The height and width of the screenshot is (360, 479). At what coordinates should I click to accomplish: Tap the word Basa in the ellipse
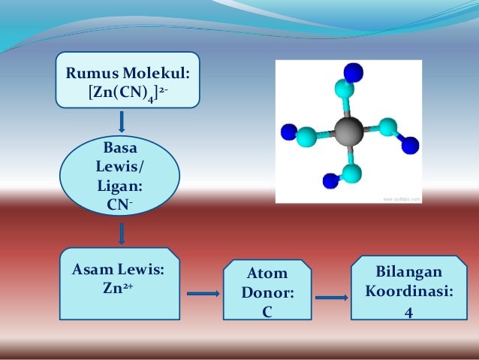pyautogui.click(x=120, y=145)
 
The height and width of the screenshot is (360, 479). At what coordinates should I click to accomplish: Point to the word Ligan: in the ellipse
pyautogui.click(x=120, y=185)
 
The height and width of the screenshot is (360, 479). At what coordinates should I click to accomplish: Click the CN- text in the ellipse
pyautogui.click(x=120, y=204)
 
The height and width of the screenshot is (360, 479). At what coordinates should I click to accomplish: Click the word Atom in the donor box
pyautogui.click(x=267, y=274)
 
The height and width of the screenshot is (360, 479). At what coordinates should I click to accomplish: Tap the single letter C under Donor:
pyautogui.click(x=267, y=311)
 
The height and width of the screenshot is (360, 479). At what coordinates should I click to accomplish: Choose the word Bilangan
pyautogui.click(x=408, y=271)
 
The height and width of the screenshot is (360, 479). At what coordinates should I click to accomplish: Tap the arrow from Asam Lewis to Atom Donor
pyautogui.click(x=202, y=294)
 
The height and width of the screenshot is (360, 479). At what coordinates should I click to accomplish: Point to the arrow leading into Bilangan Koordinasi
pyautogui.click(x=331, y=298)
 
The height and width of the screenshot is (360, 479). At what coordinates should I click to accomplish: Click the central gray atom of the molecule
pyautogui.click(x=348, y=132)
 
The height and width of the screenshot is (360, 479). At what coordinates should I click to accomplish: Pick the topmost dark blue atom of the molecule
pyautogui.click(x=353, y=72)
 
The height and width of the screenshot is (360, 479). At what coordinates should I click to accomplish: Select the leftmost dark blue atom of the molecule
pyautogui.click(x=288, y=133)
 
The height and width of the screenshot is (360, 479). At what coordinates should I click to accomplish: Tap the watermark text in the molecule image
pyautogui.click(x=402, y=199)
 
